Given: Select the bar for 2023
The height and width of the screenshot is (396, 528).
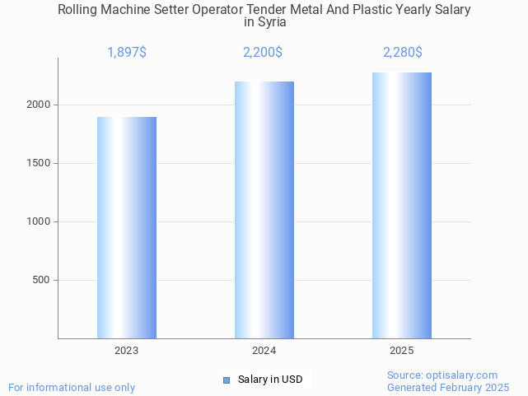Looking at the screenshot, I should [x=127, y=227].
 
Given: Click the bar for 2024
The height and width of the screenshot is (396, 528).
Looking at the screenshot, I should [x=264, y=210].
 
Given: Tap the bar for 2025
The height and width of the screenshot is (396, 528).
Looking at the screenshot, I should [x=401, y=205].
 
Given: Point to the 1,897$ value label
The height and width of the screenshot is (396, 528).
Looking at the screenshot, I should [x=127, y=53].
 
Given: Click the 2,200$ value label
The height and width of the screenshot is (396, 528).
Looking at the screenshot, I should [x=263, y=53].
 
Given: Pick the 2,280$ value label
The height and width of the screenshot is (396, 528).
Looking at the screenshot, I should [x=402, y=53].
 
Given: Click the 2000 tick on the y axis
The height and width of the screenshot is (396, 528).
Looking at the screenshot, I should [x=39, y=105].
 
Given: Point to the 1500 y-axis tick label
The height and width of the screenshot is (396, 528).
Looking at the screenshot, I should [x=39, y=163].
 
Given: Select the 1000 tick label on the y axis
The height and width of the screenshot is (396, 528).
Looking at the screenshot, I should [x=39, y=221].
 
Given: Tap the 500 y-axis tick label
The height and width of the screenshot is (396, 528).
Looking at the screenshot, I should [x=42, y=280].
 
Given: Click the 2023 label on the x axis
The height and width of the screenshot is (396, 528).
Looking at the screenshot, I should [x=127, y=351].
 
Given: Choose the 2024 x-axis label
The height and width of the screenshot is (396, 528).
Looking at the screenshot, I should [x=264, y=351].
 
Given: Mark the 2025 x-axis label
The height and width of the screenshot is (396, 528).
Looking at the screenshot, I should [x=401, y=351].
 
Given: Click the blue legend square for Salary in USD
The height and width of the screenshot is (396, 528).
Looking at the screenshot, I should [x=227, y=380].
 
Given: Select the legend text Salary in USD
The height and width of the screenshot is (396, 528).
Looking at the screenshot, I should [x=270, y=380].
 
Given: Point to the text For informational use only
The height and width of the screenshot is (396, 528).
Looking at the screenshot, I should [x=72, y=387].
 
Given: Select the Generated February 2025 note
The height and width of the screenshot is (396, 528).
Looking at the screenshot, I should [x=448, y=387].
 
